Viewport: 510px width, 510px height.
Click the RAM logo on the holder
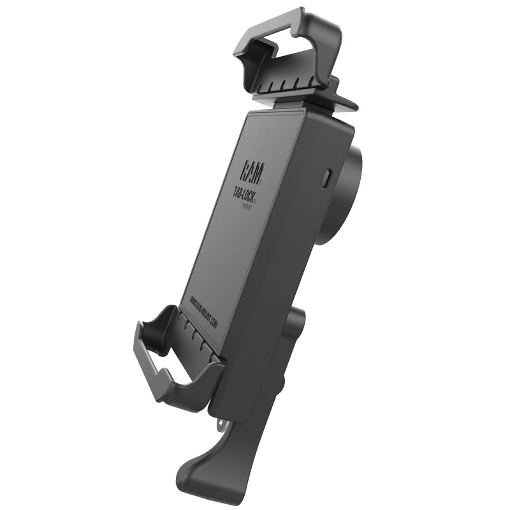[250, 170]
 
